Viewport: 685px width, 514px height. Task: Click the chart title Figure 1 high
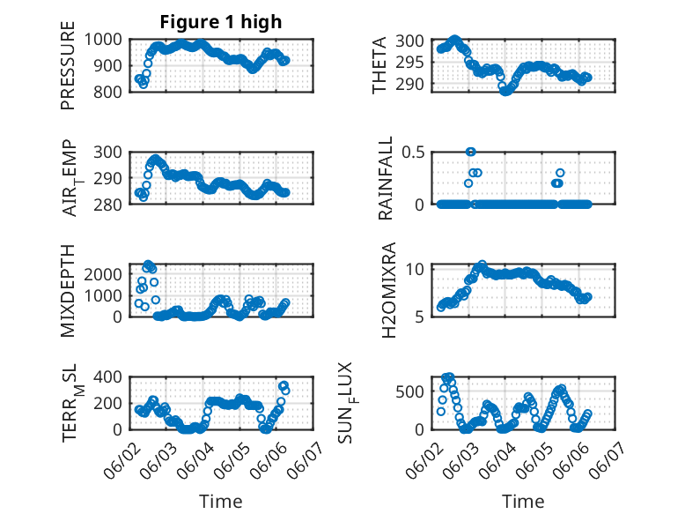coord(220,22)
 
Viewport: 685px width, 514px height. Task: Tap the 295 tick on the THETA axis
coord(416,62)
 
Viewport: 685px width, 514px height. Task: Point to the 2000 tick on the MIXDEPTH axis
coord(105,274)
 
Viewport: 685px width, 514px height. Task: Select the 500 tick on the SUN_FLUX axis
coord(416,391)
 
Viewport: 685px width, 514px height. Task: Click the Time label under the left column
coord(220,502)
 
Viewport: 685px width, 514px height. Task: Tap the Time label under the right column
coord(523,502)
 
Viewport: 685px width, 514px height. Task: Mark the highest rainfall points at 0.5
coord(471,152)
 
